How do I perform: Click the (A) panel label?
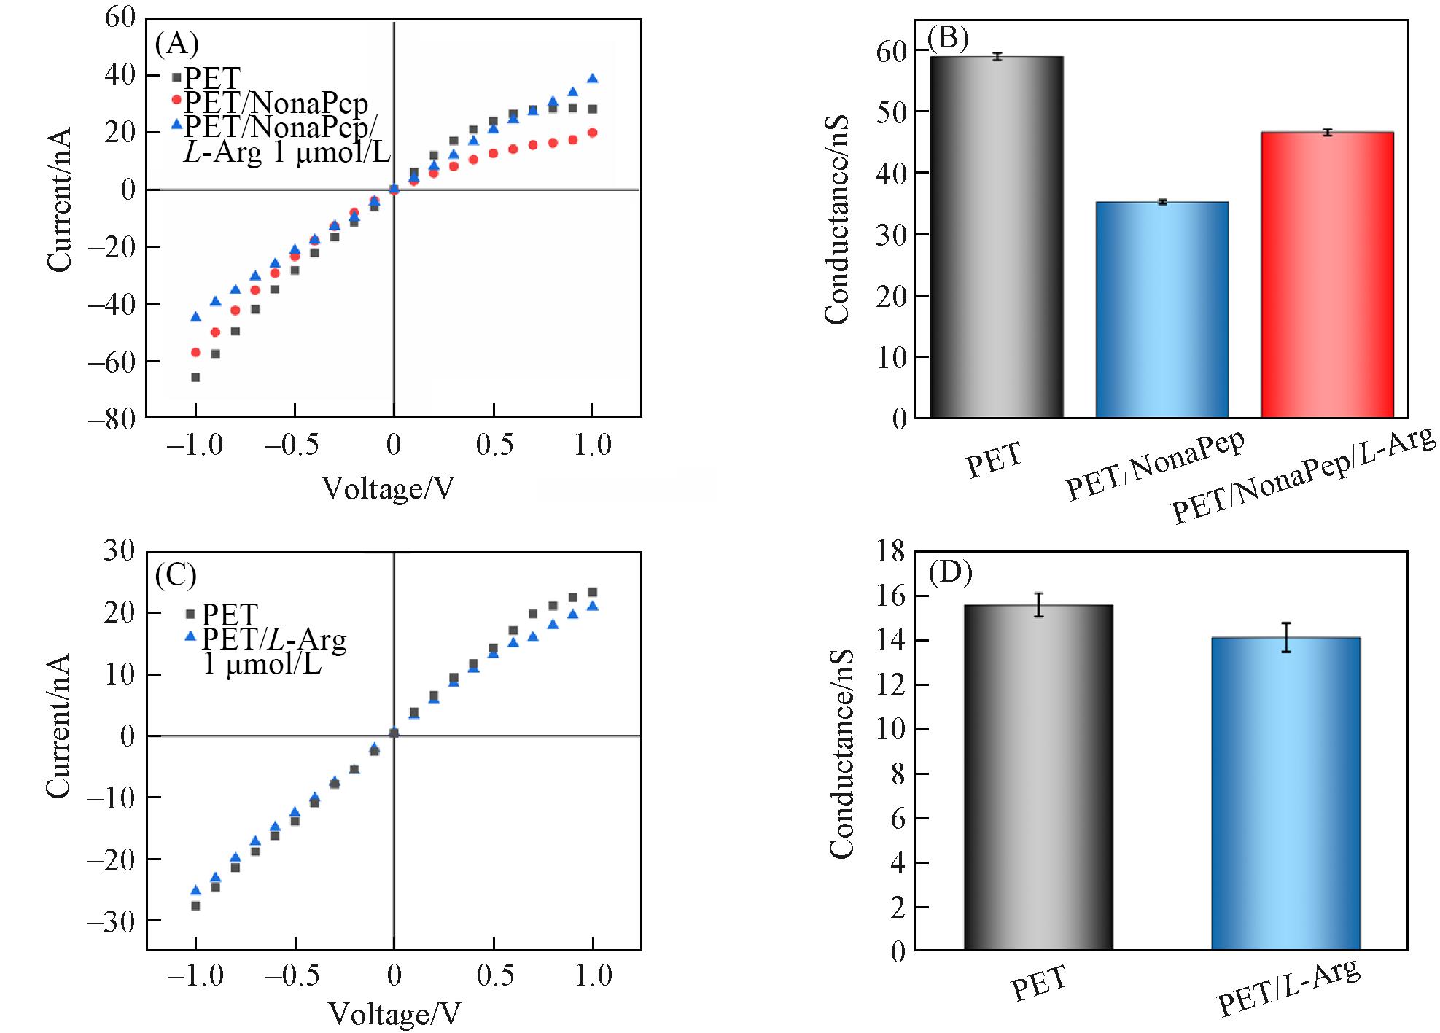(176, 44)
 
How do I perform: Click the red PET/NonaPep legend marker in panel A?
(176, 99)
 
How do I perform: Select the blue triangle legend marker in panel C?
(191, 636)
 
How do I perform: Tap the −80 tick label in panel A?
(111, 418)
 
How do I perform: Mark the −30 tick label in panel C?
(111, 921)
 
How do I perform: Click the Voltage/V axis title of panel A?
(388, 488)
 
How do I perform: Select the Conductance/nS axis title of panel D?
(841, 751)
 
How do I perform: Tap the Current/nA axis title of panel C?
(58, 725)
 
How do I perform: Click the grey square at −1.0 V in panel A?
(195, 377)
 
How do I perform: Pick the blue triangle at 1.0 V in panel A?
(593, 78)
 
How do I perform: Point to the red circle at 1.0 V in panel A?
(593, 133)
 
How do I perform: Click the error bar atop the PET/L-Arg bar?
(1286, 637)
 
